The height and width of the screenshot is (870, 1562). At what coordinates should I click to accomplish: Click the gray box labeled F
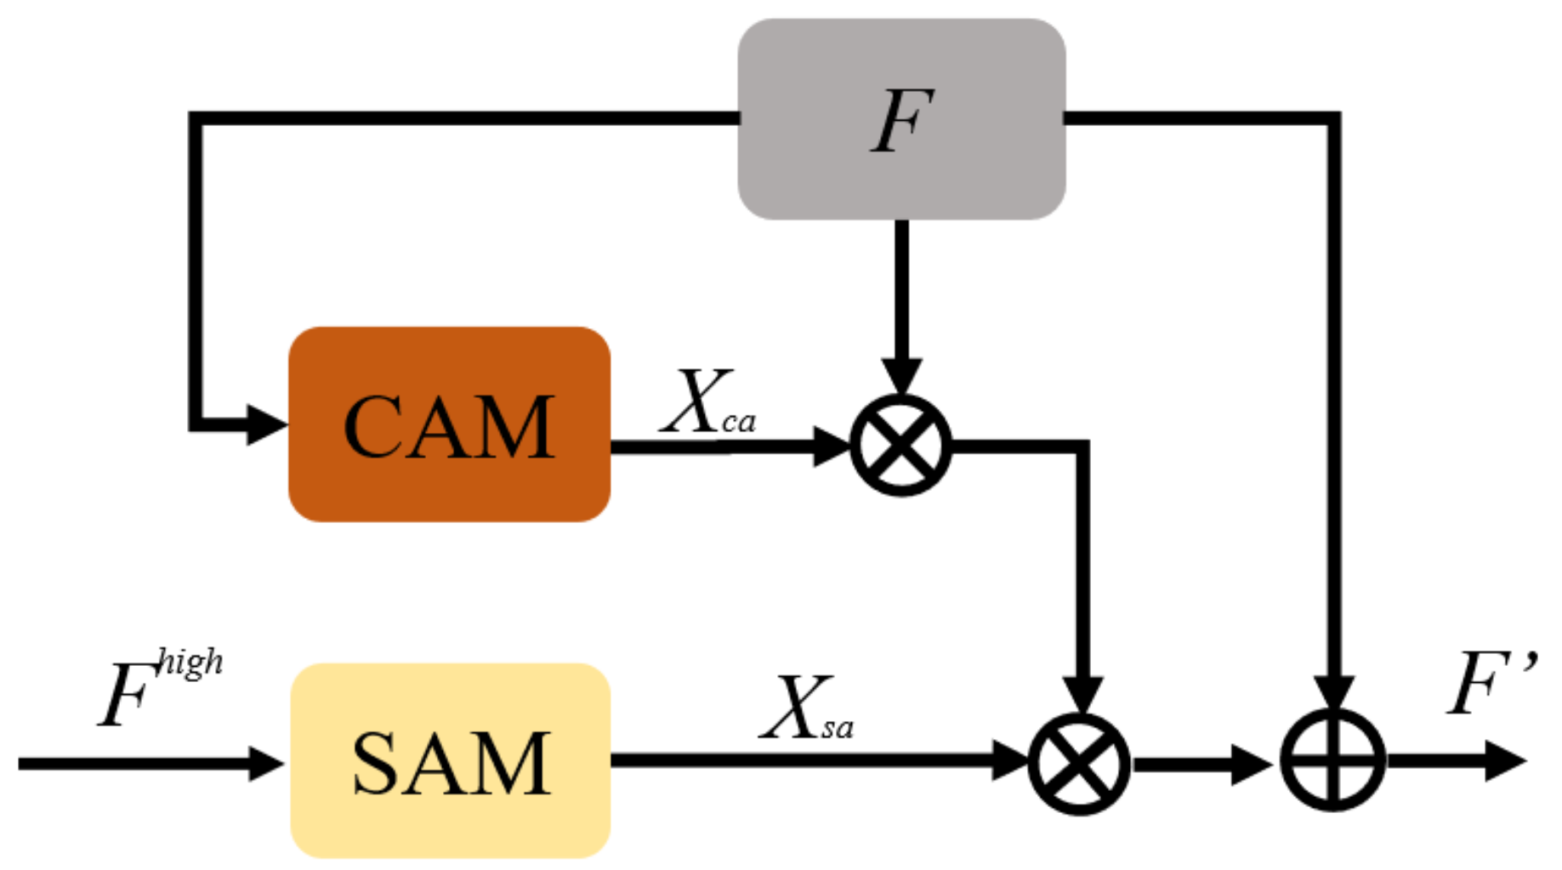pyautogui.click(x=900, y=119)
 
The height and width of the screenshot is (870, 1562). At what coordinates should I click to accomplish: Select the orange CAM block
pyautogui.click(x=449, y=424)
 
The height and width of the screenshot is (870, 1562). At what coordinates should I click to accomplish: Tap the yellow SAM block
pyautogui.click(x=450, y=760)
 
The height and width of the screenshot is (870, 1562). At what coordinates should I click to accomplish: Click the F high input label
pyautogui.click(x=157, y=689)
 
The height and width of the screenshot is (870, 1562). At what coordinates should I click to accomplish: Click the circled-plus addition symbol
pyautogui.click(x=1332, y=760)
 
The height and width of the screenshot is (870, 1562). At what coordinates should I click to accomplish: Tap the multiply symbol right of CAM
pyautogui.click(x=900, y=445)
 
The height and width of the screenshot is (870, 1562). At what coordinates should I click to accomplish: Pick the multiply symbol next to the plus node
pyautogui.click(x=1079, y=763)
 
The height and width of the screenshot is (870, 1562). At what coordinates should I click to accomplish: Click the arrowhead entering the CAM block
pyautogui.click(x=265, y=424)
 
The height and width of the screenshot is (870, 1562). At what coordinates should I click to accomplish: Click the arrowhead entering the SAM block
pyautogui.click(x=265, y=763)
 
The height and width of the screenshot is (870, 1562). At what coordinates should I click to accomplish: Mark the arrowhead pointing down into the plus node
pyautogui.click(x=1332, y=693)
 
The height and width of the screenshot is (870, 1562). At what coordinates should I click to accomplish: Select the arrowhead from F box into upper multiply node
pyautogui.click(x=900, y=376)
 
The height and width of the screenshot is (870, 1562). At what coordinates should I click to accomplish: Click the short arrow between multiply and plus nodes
pyautogui.click(x=1203, y=763)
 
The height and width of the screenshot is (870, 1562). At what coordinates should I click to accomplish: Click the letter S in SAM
pyautogui.click(x=378, y=763)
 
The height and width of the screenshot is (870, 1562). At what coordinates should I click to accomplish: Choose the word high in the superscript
pyautogui.click(x=190, y=662)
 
